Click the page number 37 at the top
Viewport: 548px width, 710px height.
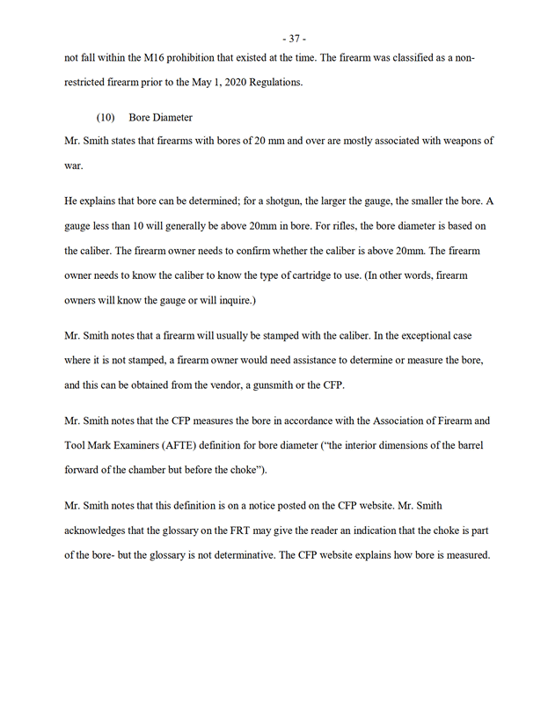(294, 39)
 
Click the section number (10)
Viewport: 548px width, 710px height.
(106, 118)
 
